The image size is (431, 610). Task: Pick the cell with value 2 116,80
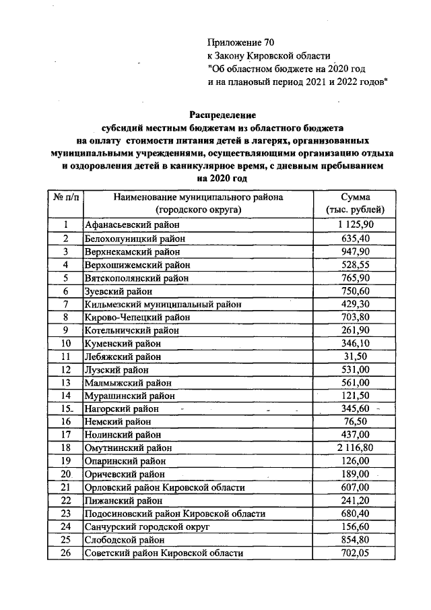355,448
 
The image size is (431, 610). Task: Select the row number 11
66,357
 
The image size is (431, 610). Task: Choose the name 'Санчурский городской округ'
147,526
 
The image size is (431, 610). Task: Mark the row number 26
66,553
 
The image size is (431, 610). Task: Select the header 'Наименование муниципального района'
198,197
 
